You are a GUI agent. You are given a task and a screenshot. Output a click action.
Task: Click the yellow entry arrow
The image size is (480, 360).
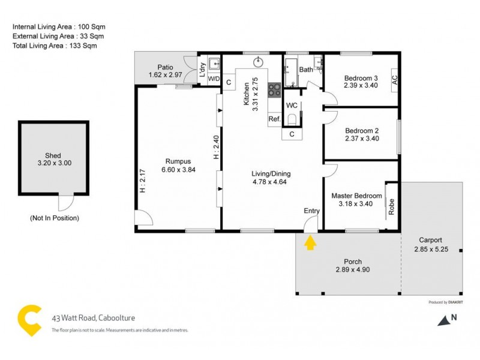310,243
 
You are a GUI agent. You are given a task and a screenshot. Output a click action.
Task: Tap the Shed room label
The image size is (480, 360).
53,155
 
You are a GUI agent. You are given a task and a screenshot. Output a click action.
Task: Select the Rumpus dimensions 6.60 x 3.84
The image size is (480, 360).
178,170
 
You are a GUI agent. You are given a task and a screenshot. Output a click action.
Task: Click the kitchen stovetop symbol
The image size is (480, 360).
275,90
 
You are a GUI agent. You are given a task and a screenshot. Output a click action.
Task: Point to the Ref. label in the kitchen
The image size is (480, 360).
275,119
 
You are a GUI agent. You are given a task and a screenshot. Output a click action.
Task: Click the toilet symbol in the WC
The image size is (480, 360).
292,119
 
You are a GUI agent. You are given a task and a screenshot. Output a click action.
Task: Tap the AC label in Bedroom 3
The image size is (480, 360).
394,79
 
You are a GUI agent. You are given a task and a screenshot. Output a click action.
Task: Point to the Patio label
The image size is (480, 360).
165,67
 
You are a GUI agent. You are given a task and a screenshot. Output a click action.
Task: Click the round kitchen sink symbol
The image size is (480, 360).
260,61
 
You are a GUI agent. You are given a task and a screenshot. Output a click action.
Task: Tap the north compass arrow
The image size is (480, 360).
445,321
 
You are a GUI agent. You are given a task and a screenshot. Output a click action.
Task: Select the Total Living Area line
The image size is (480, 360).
55,46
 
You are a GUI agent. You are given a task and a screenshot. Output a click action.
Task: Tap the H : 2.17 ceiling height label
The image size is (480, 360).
142,180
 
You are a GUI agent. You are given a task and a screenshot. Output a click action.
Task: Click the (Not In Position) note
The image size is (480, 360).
54,218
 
